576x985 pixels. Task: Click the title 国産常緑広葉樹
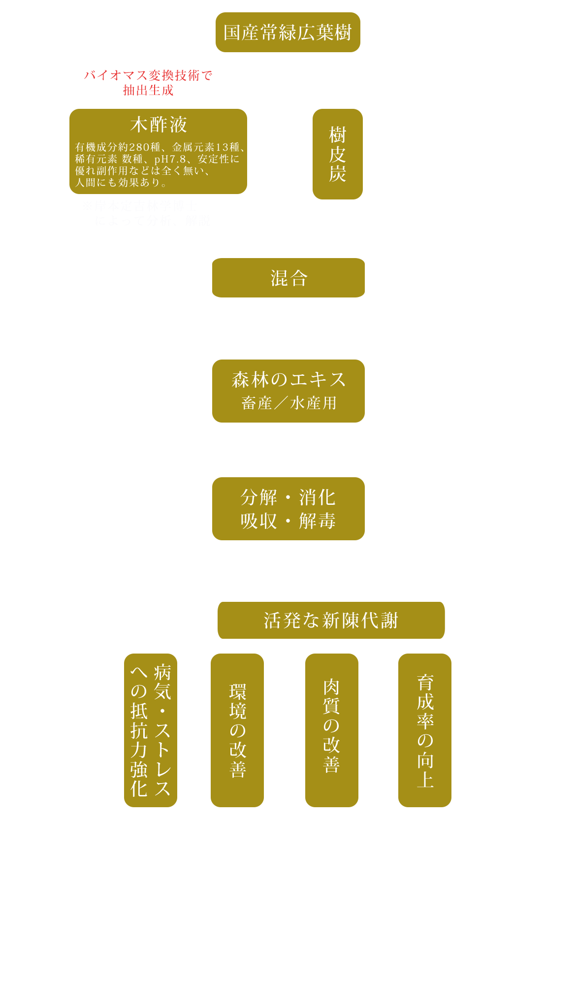pos(288,33)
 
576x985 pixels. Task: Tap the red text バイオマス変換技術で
pos(148,75)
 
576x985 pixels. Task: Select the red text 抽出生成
pos(148,90)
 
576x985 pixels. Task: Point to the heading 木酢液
pos(159,125)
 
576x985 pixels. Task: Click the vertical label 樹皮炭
pos(338,154)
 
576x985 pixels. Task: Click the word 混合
pos(289,279)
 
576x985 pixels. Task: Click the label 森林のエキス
pos(289,380)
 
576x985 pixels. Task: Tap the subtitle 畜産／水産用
pos(289,403)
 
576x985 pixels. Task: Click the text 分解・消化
pos(288,497)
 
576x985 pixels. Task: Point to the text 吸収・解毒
pos(288,521)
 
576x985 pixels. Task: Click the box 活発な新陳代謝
pos(331,621)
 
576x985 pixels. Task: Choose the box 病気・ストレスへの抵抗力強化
pos(151,730)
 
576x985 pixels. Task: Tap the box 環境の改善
pos(237,730)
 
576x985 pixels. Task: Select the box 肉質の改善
pos(332,730)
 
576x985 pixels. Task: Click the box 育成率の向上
pos(425,730)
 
